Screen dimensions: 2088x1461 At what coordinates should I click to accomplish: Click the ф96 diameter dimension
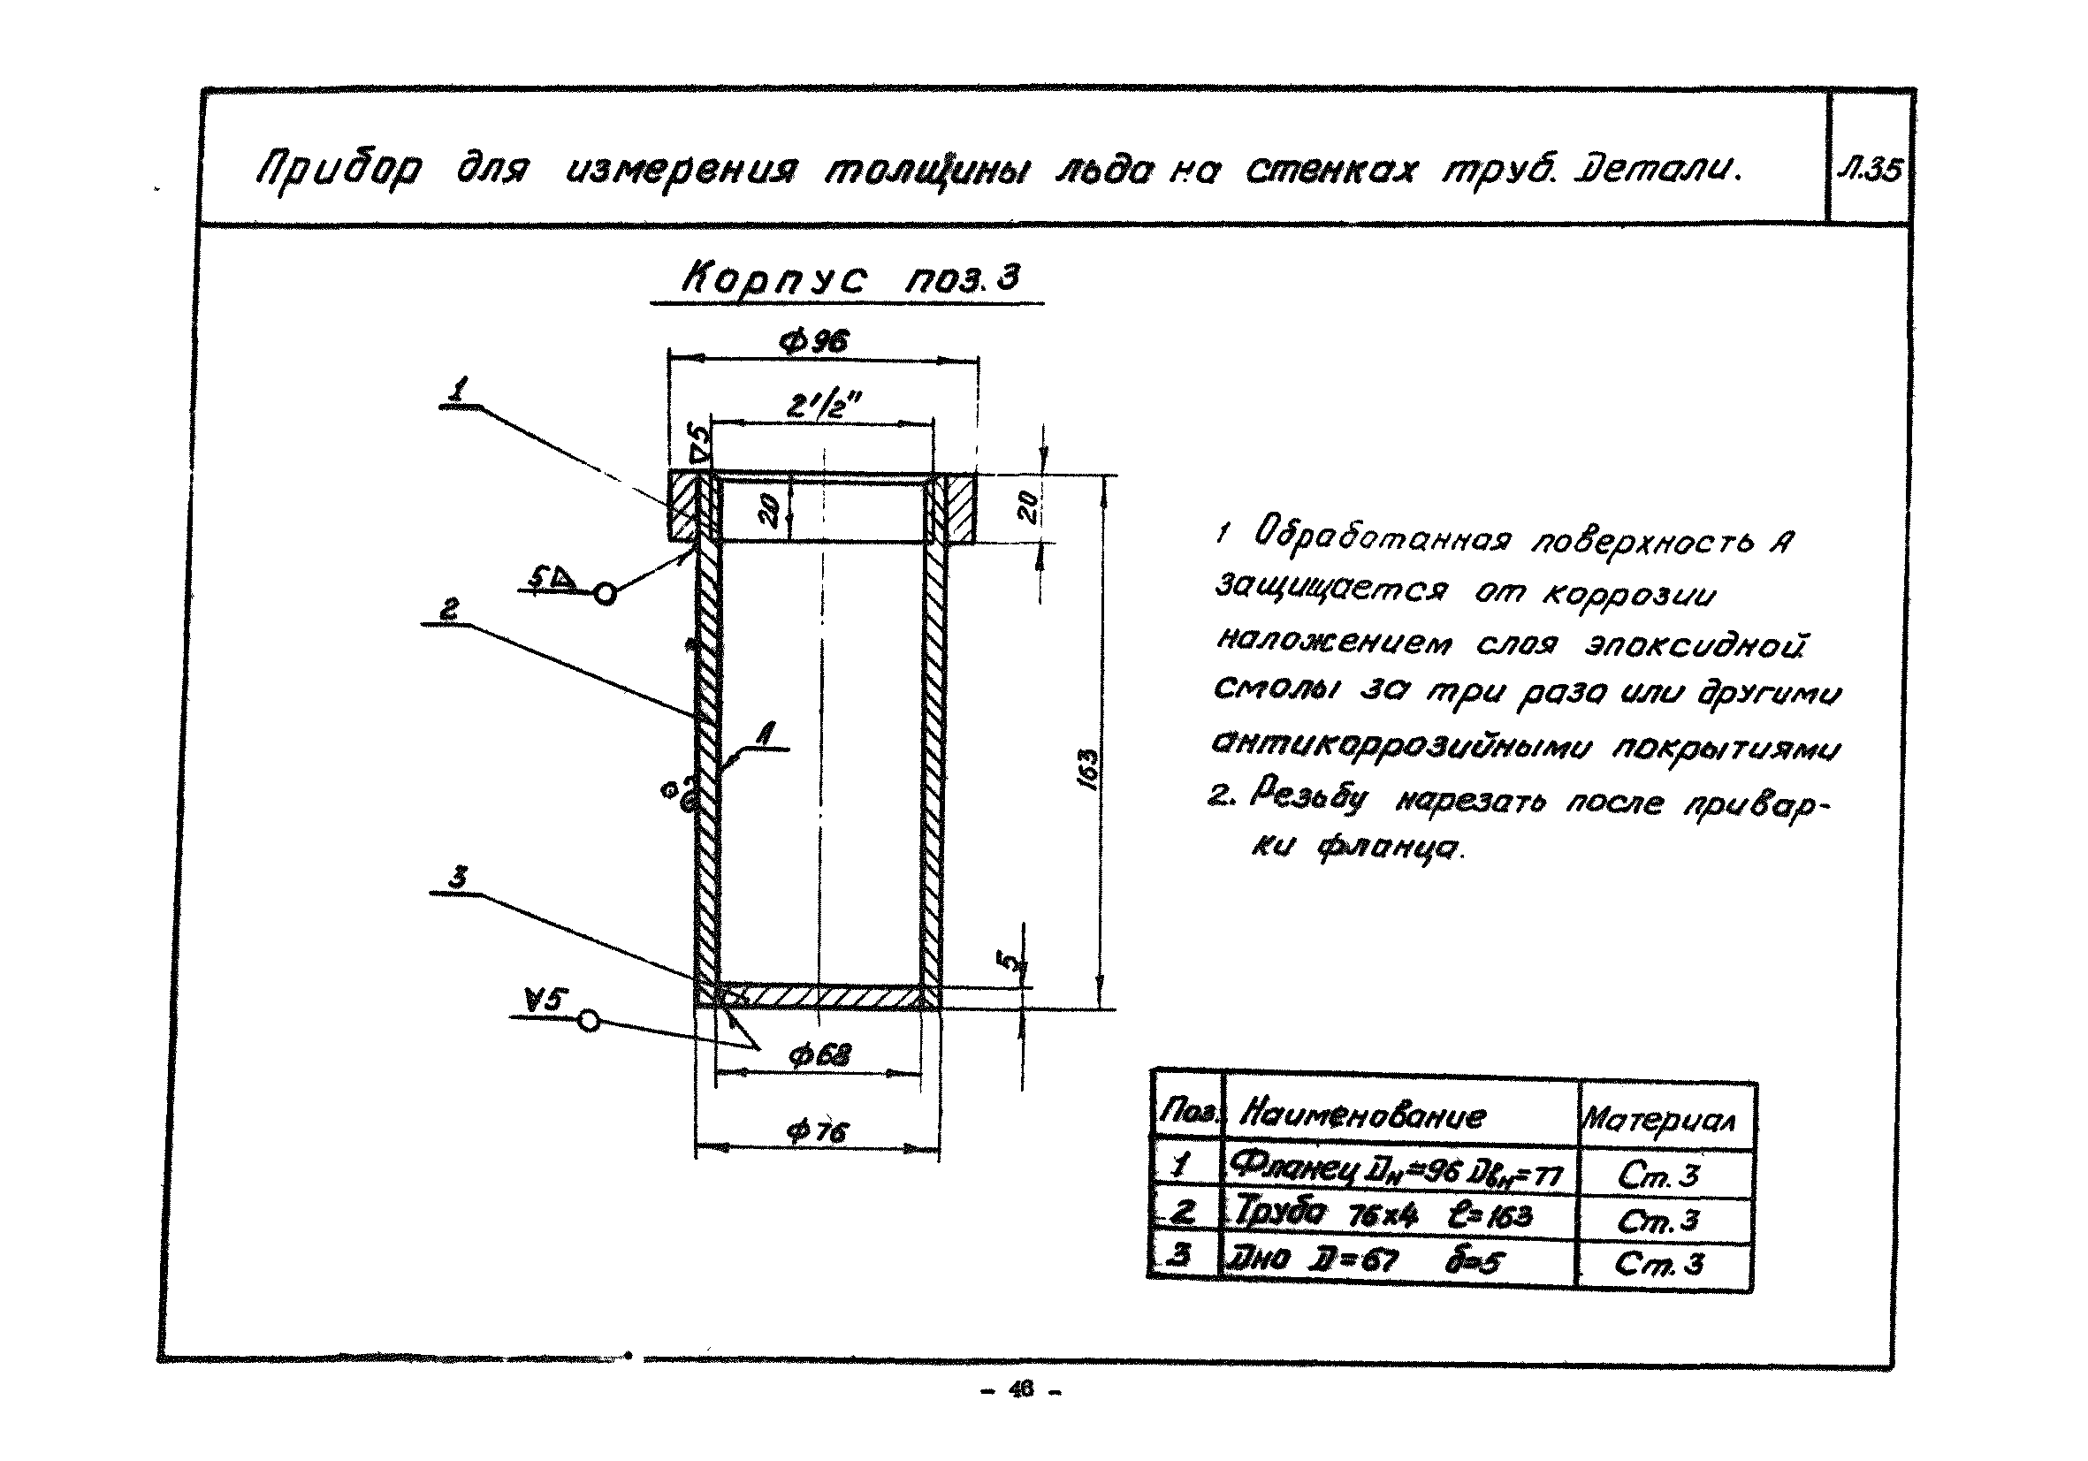[814, 343]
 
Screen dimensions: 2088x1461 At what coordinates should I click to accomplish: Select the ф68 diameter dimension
[819, 1055]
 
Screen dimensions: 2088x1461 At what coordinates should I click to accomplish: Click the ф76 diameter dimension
[817, 1132]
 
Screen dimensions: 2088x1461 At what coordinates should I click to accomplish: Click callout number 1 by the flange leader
[460, 391]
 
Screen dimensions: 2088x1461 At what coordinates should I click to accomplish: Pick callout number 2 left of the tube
[449, 609]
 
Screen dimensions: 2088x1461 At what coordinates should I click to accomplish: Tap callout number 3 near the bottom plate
[457, 878]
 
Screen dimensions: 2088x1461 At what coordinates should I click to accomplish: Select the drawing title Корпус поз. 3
[850, 278]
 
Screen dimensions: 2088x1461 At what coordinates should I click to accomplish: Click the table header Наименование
[1362, 1115]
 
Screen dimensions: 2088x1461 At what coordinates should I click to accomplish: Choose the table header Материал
[1657, 1119]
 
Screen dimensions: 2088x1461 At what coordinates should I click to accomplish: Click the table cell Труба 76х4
[1383, 1214]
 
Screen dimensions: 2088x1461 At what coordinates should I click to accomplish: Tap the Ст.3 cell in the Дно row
[1657, 1264]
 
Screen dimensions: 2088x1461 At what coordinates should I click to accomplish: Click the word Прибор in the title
[339, 170]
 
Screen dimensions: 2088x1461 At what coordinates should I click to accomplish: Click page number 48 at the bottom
[1021, 1390]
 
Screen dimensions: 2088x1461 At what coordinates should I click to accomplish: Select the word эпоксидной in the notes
[1694, 644]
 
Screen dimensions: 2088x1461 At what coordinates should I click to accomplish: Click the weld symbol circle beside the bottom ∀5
[590, 1021]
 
